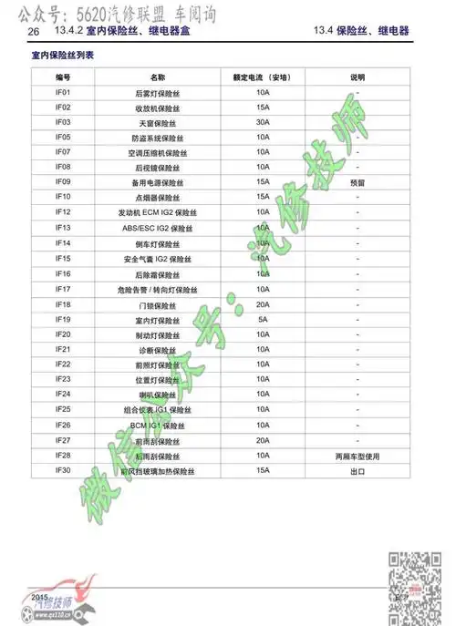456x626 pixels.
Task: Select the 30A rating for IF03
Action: [x=263, y=122]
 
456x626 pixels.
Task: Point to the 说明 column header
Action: [x=358, y=77]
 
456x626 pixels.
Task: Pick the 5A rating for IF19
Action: [x=263, y=319]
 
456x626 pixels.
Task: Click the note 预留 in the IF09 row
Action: [x=358, y=182]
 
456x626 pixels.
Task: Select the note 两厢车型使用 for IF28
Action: [x=358, y=455]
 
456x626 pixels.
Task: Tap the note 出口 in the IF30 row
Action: [x=358, y=470]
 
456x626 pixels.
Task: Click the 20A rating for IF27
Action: [x=263, y=440]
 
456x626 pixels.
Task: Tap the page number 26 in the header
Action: [x=34, y=32]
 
